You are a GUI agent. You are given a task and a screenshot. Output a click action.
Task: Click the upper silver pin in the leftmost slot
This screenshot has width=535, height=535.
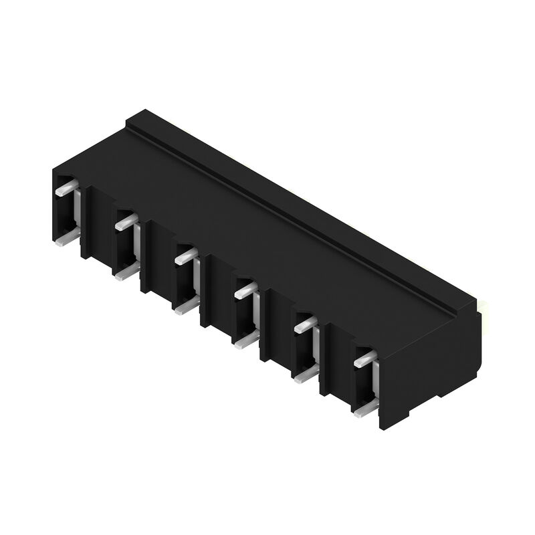pos(63,189)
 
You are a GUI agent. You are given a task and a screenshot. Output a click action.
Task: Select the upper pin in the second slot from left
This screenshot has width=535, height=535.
pos(124,222)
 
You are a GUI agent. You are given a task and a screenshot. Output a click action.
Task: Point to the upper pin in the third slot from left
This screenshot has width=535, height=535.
pos(185,255)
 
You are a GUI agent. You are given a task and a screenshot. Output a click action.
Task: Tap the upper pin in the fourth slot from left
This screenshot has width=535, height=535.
pos(245,289)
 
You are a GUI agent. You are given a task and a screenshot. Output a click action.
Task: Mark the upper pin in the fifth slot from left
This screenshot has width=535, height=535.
pos(305,324)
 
